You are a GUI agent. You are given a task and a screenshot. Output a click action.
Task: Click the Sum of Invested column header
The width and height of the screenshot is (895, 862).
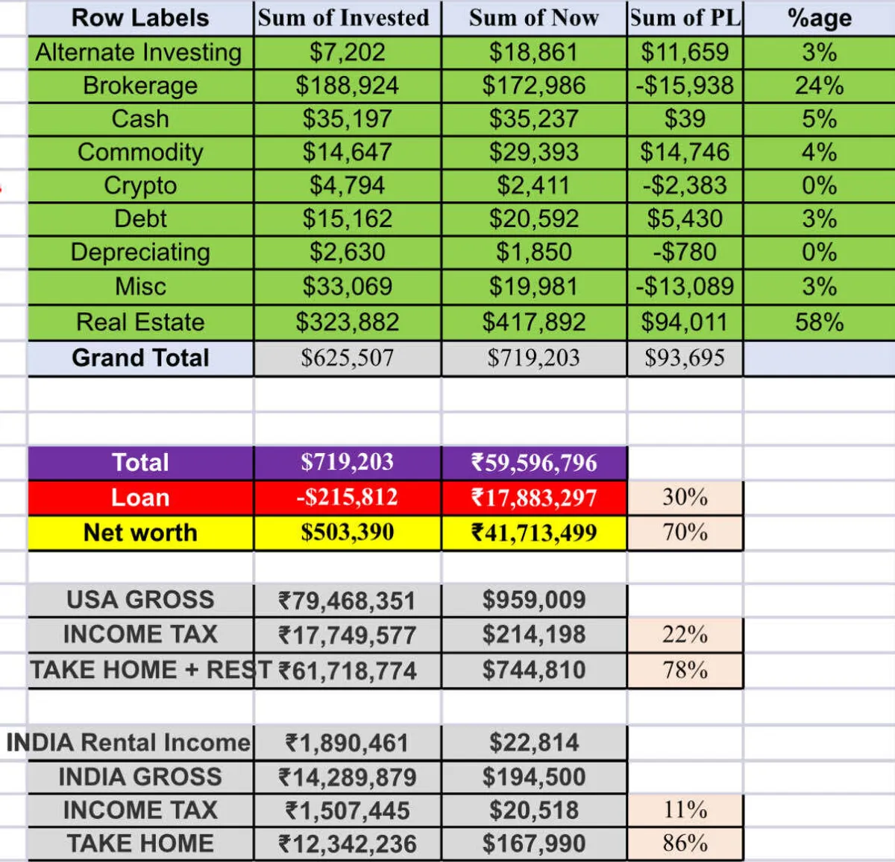pyautogui.click(x=344, y=18)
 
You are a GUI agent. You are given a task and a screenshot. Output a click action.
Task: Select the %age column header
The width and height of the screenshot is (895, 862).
pyautogui.click(x=819, y=18)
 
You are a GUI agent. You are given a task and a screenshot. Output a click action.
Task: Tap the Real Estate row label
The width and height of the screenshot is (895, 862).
pyautogui.click(x=140, y=322)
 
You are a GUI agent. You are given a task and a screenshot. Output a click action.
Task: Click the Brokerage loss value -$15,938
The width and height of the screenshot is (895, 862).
pyautogui.click(x=685, y=86)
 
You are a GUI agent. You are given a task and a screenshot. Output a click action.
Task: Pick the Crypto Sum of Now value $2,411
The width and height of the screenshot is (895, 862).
pyautogui.click(x=533, y=186)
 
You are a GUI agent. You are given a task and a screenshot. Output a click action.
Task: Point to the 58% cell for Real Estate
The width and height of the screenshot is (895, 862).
pyautogui.click(x=819, y=322)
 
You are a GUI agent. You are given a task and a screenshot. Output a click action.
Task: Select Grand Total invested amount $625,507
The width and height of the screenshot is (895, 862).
pyautogui.click(x=347, y=358)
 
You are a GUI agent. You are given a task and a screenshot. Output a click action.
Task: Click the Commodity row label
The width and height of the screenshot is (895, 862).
pyautogui.click(x=140, y=152)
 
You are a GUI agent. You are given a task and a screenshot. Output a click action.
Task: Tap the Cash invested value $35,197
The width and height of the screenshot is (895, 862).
pyautogui.click(x=347, y=118)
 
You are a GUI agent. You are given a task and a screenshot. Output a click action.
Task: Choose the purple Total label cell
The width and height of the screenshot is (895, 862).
pyautogui.click(x=140, y=462)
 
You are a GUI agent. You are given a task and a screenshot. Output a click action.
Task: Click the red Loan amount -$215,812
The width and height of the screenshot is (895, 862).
pyautogui.click(x=347, y=497)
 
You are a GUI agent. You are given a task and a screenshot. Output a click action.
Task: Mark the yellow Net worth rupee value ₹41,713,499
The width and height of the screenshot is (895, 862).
pyautogui.click(x=533, y=533)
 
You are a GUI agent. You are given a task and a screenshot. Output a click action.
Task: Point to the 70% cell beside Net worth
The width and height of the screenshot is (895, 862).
pyautogui.click(x=685, y=532)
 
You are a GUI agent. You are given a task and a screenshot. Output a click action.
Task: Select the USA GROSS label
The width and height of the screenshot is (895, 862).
pyautogui.click(x=140, y=600)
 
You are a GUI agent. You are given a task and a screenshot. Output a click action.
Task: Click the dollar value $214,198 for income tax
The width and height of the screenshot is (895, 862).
pyautogui.click(x=533, y=635)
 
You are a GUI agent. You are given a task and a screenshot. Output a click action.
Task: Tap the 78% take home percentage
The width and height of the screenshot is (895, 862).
pyautogui.click(x=685, y=670)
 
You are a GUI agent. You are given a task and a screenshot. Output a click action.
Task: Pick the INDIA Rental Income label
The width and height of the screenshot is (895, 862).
pyautogui.click(x=128, y=743)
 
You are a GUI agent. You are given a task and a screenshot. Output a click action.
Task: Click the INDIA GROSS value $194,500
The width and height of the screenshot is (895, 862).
pyautogui.click(x=533, y=777)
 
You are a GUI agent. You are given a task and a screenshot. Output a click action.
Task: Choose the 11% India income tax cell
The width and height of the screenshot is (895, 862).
pyautogui.click(x=685, y=809)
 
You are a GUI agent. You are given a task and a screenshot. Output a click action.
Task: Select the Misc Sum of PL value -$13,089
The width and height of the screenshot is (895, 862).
pyautogui.click(x=685, y=286)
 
